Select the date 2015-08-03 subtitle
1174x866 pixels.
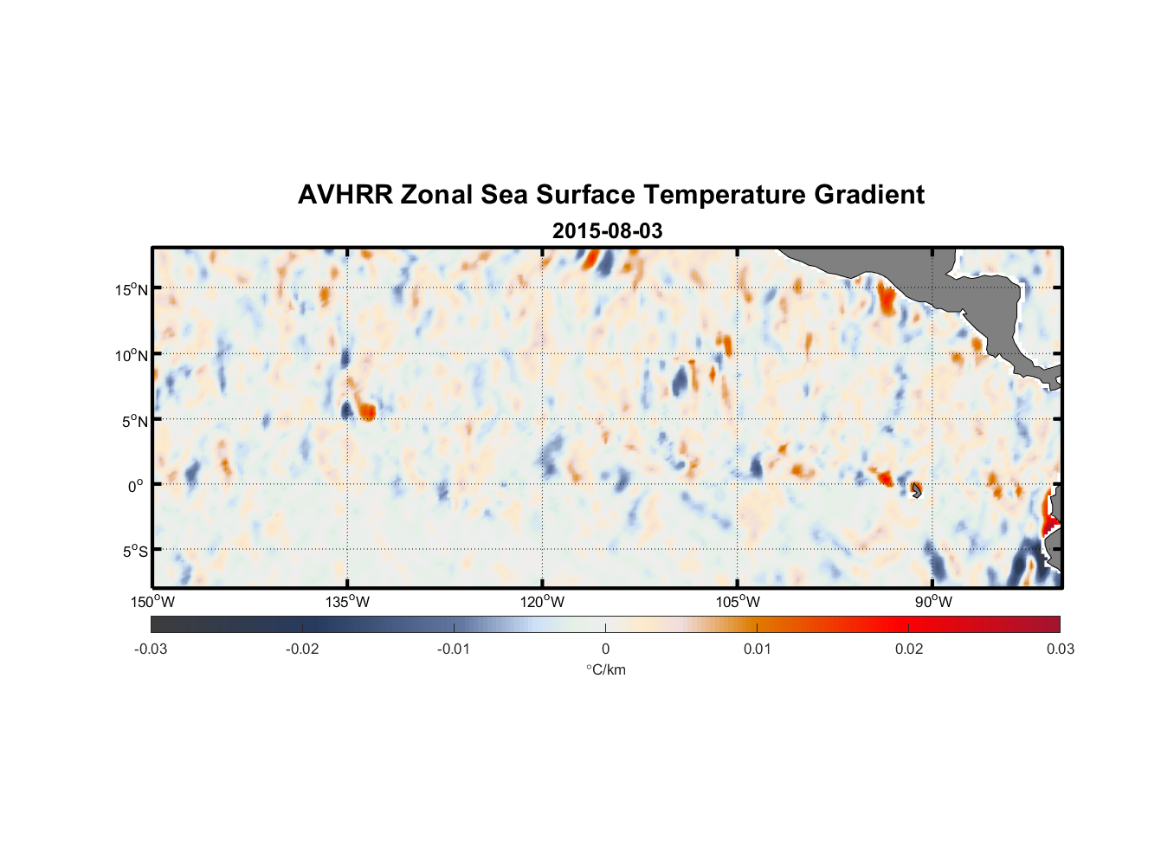coord(607,231)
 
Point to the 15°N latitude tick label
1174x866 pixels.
coord(132,289)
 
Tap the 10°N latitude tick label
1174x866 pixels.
coord(132,355)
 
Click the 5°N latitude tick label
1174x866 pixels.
coord(134,421)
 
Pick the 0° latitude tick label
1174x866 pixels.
coord(136,486)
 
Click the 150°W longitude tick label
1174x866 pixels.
coord(152,602)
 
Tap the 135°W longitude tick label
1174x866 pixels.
coord(348,602)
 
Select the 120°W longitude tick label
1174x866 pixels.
coord(543,602)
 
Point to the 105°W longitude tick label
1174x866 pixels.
coord(738,602)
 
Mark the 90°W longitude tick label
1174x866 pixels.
coord(933,602)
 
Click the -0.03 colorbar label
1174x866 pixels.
coord(151,649)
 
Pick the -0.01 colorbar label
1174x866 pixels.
coord(454,649)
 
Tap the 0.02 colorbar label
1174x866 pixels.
coord(909,649)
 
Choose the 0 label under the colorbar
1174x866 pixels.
coord(605,649)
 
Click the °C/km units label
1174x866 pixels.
coord(606,669)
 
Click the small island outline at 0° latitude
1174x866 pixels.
coord(916,490)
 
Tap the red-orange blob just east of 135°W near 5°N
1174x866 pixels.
coord(367,410)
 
